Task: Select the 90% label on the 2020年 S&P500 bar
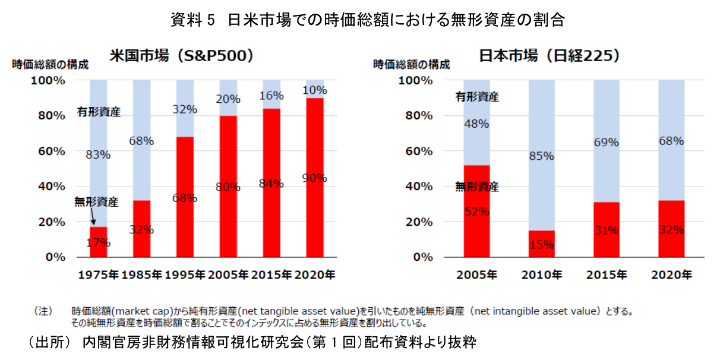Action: (314, 178)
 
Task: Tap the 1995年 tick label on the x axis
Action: (185, 275)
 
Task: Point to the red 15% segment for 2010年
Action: (542, 244)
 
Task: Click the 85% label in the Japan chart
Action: (542, 156)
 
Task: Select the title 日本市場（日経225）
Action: (550, 56)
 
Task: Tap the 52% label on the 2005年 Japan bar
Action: (477, 211)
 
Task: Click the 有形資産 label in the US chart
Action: (98, 111)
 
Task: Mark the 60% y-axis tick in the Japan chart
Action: (419, 151)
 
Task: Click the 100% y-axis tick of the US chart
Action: (48, 80)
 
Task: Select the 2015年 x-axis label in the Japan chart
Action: (607, 275)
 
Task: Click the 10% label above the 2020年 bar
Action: (314, 90)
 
